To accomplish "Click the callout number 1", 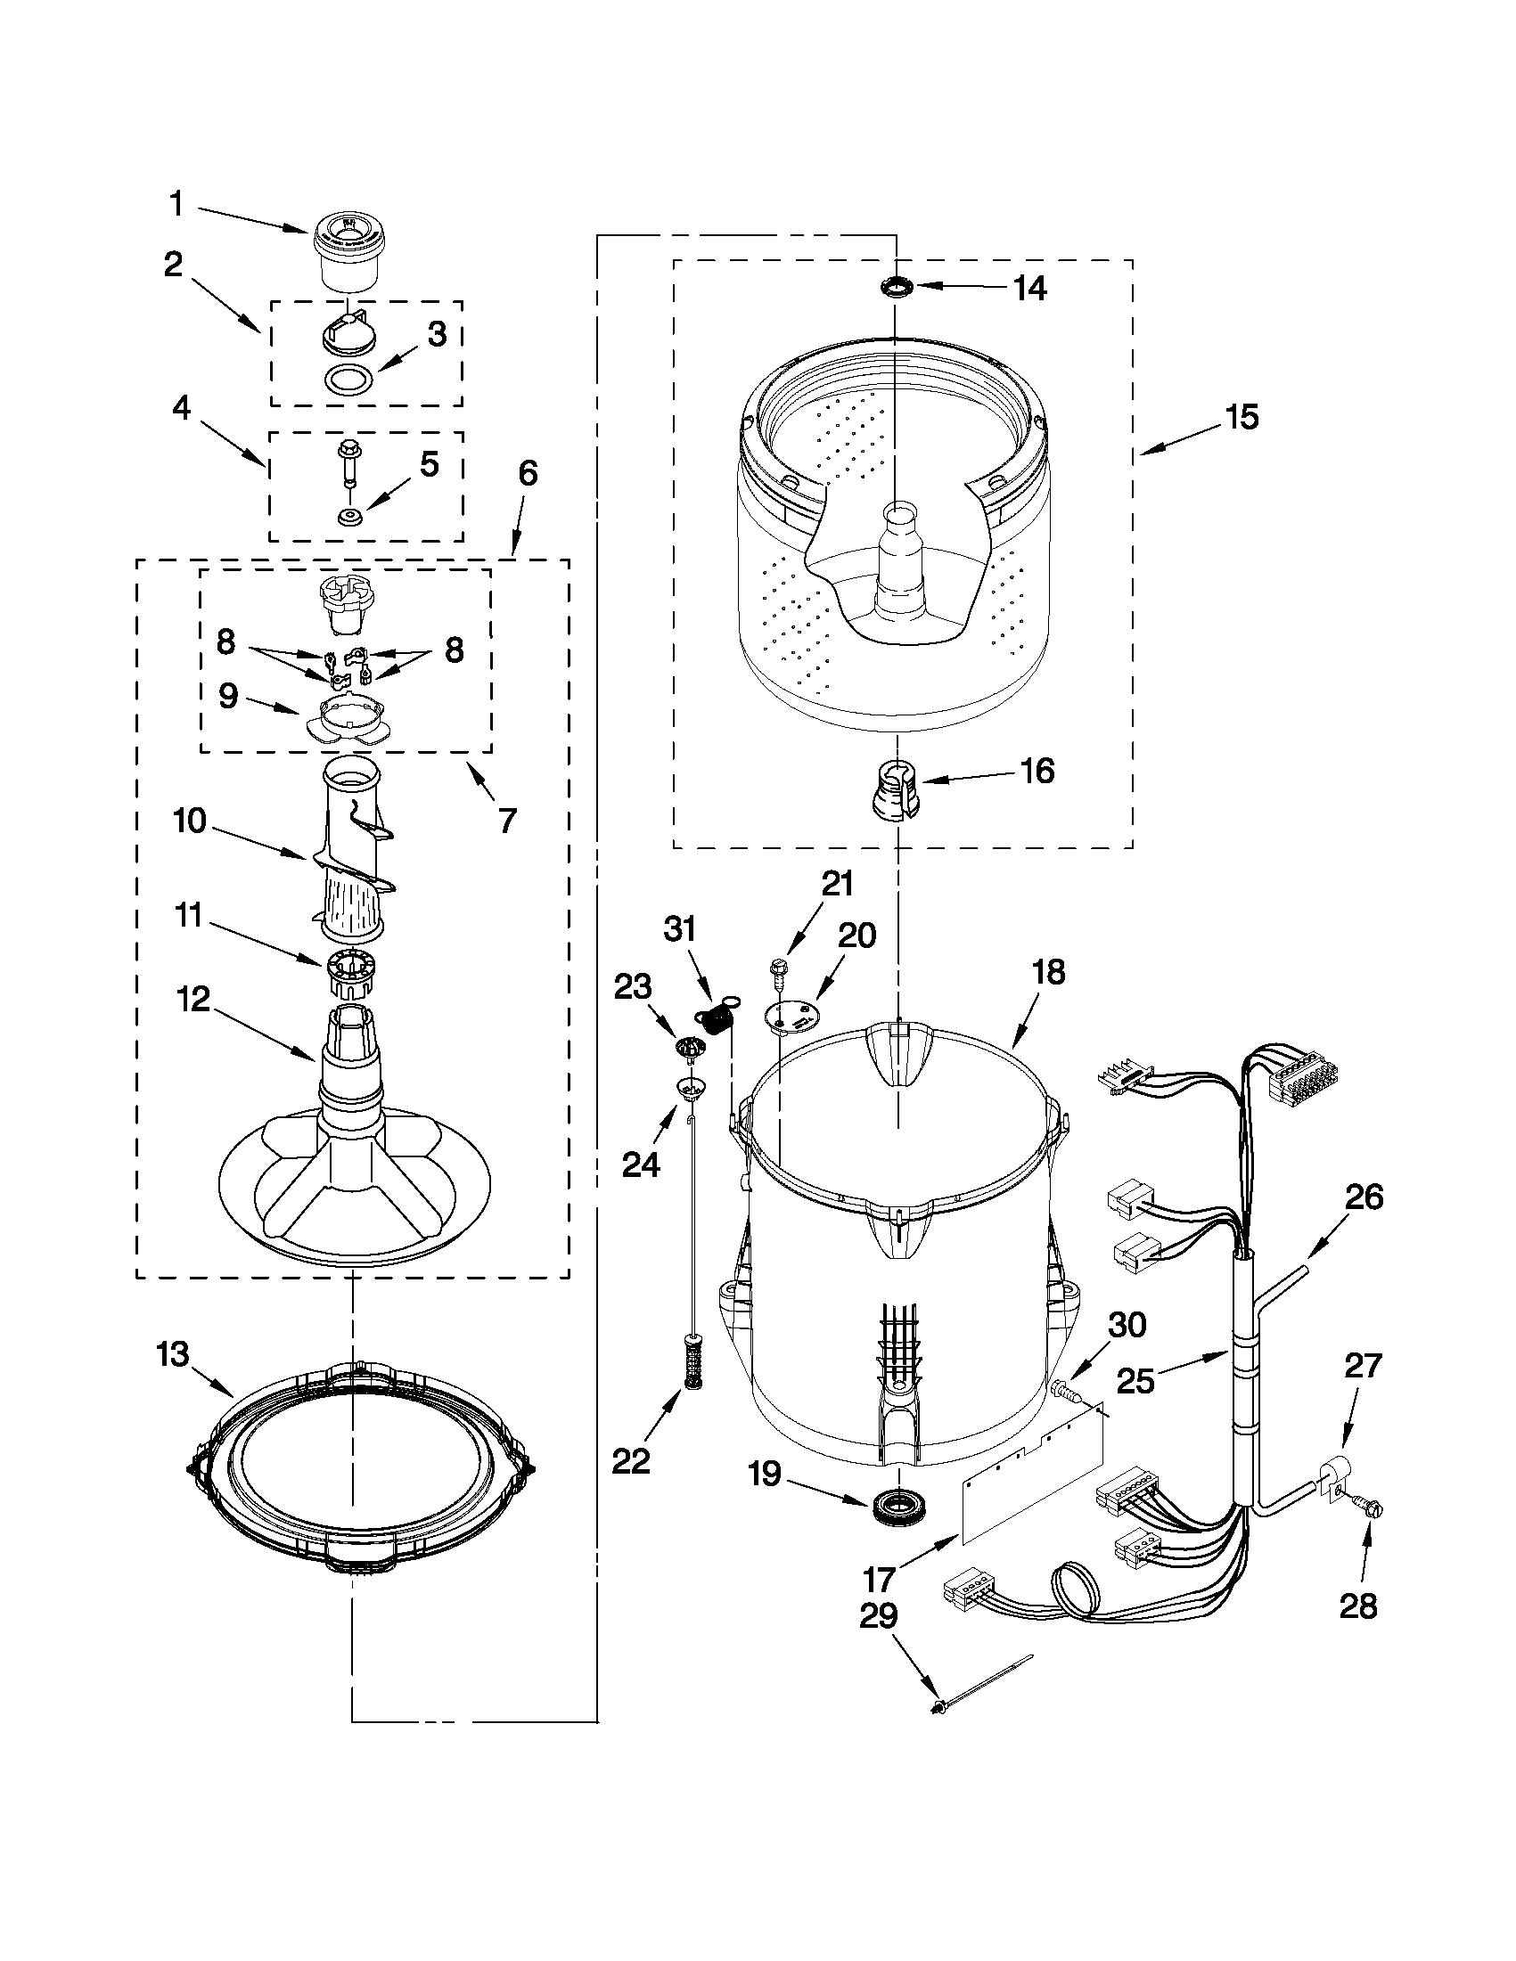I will tap(176, 205).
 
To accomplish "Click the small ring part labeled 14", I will tap(897, 287).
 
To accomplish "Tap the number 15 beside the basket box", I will tap(1242, 418).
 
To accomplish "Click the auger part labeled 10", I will tap(353, 853).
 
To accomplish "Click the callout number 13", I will tap(172, 1353).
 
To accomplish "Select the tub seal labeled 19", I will tap(896, 1502).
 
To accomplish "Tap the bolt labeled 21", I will tap(777, 972).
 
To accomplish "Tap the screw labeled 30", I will tap(1066, 1393).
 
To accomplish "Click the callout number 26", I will tap(1364, 1197).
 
